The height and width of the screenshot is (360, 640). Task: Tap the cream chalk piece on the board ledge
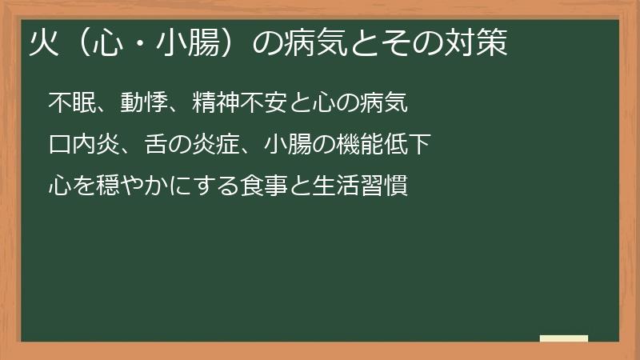click(x=564, y=338)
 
